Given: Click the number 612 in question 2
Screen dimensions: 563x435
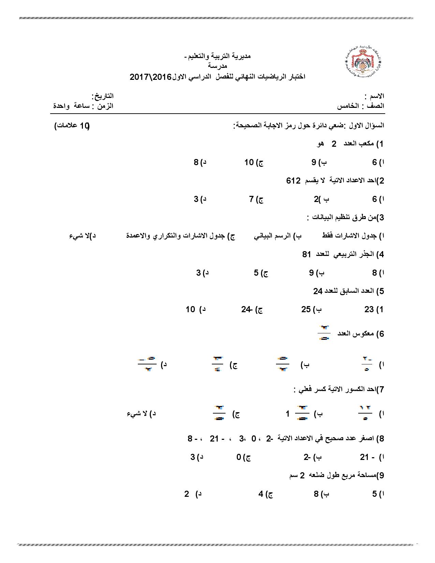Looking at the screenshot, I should pos(293,181).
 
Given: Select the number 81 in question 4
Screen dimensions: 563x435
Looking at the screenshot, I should pos(307,255).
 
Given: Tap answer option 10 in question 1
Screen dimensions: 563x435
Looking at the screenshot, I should pos(249,163).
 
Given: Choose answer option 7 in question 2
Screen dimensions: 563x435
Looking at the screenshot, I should pos(252,200).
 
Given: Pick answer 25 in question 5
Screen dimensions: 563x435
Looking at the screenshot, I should pos(306,309).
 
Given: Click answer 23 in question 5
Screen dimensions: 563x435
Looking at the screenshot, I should pos(369,309).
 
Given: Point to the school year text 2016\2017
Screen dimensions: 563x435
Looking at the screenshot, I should pos(150,77).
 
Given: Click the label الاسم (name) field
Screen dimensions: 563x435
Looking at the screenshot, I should pos(375,97).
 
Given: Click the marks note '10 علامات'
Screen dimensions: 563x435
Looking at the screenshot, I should pos(72,126).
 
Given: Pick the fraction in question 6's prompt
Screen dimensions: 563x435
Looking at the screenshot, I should pos(324,333).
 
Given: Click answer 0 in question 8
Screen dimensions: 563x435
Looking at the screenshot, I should pos(239,457).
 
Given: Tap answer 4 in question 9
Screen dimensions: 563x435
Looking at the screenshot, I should pos(261,494).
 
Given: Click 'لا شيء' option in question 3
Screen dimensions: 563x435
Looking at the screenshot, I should pos(78,236).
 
